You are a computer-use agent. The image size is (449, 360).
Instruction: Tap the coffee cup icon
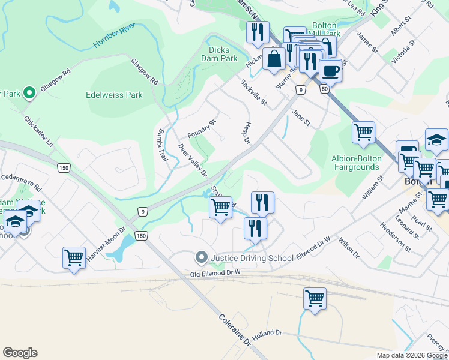click(330, 71)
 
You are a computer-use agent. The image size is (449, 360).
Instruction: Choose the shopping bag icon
click(274, 60)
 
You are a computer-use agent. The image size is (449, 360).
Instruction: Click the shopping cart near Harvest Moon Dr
click(74, 257)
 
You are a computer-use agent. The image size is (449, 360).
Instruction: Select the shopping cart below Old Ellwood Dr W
click(315, 298)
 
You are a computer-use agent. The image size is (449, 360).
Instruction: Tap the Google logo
click(20, 353)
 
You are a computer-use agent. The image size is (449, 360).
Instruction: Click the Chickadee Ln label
click(39, 130)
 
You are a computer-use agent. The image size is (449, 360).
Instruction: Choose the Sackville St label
click(253, 92)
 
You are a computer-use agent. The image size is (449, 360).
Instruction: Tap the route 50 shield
click(324, 89)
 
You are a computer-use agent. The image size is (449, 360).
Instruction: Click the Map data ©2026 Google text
click(411, 355)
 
